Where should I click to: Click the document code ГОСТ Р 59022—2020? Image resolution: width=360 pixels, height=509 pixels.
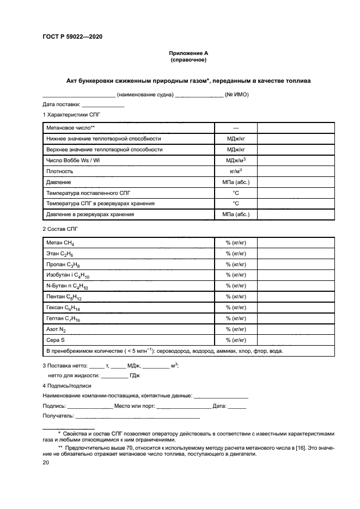72,36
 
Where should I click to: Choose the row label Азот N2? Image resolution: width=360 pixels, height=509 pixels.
56,329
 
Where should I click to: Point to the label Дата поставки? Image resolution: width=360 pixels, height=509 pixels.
62,104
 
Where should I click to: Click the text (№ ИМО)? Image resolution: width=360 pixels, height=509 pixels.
237,94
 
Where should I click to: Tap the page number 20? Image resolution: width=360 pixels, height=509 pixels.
46,462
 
